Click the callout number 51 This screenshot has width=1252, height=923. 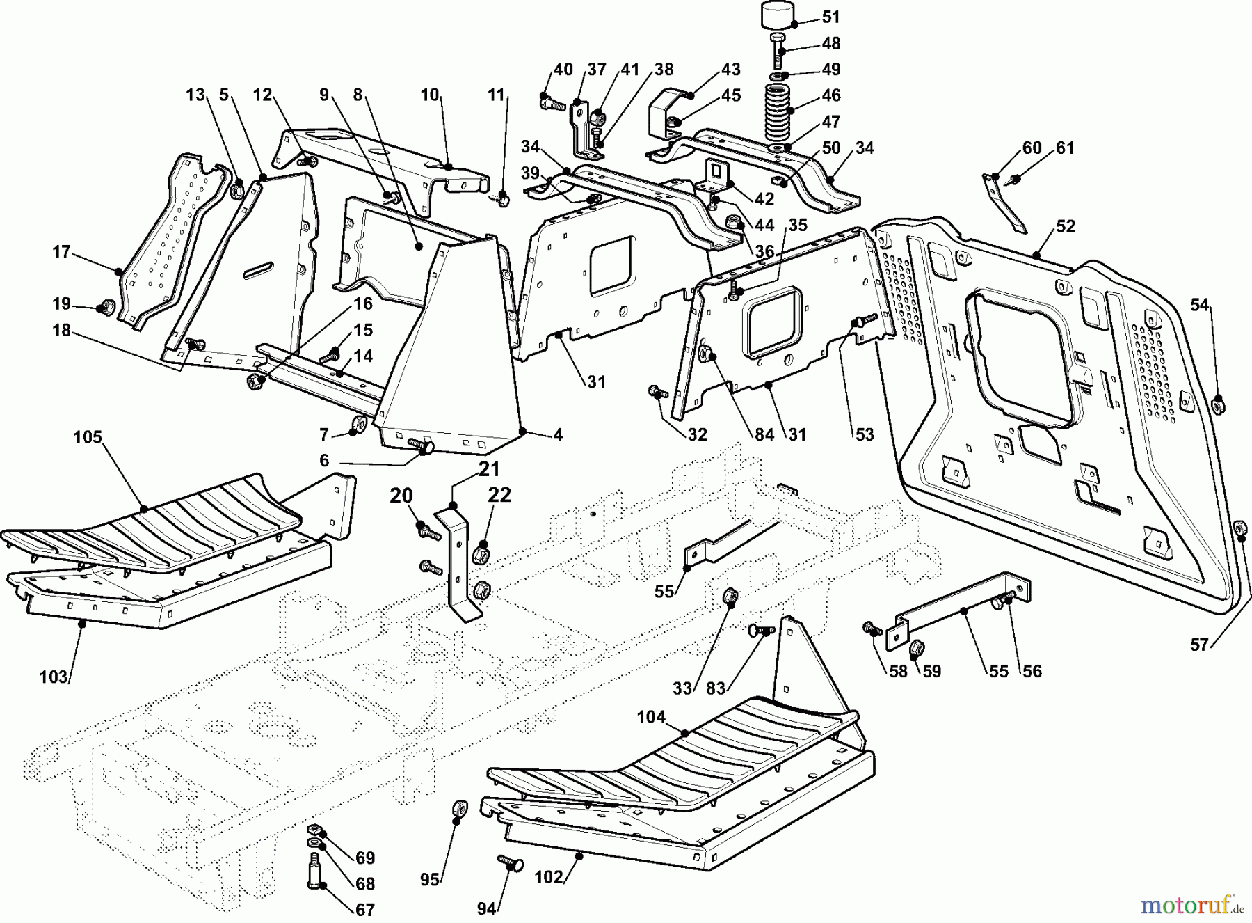click(830, 17)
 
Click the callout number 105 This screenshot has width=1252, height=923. click(88, 438)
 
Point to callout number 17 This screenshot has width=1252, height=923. click(62, 251)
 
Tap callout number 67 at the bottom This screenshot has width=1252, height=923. click(365, 910)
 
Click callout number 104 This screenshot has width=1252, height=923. click(651, 717)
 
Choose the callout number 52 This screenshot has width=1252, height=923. click(1066, 226)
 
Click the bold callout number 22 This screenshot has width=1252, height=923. click(499, 496)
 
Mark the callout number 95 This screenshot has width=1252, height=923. click(429, 880)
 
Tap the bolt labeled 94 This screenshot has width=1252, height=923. click(511, 864)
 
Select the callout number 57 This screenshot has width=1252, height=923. click(1199, 645)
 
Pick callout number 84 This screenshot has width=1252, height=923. click(764, 435)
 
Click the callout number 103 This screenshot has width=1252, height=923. click(54, 677)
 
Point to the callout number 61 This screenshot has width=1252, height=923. click(1065, 148)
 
